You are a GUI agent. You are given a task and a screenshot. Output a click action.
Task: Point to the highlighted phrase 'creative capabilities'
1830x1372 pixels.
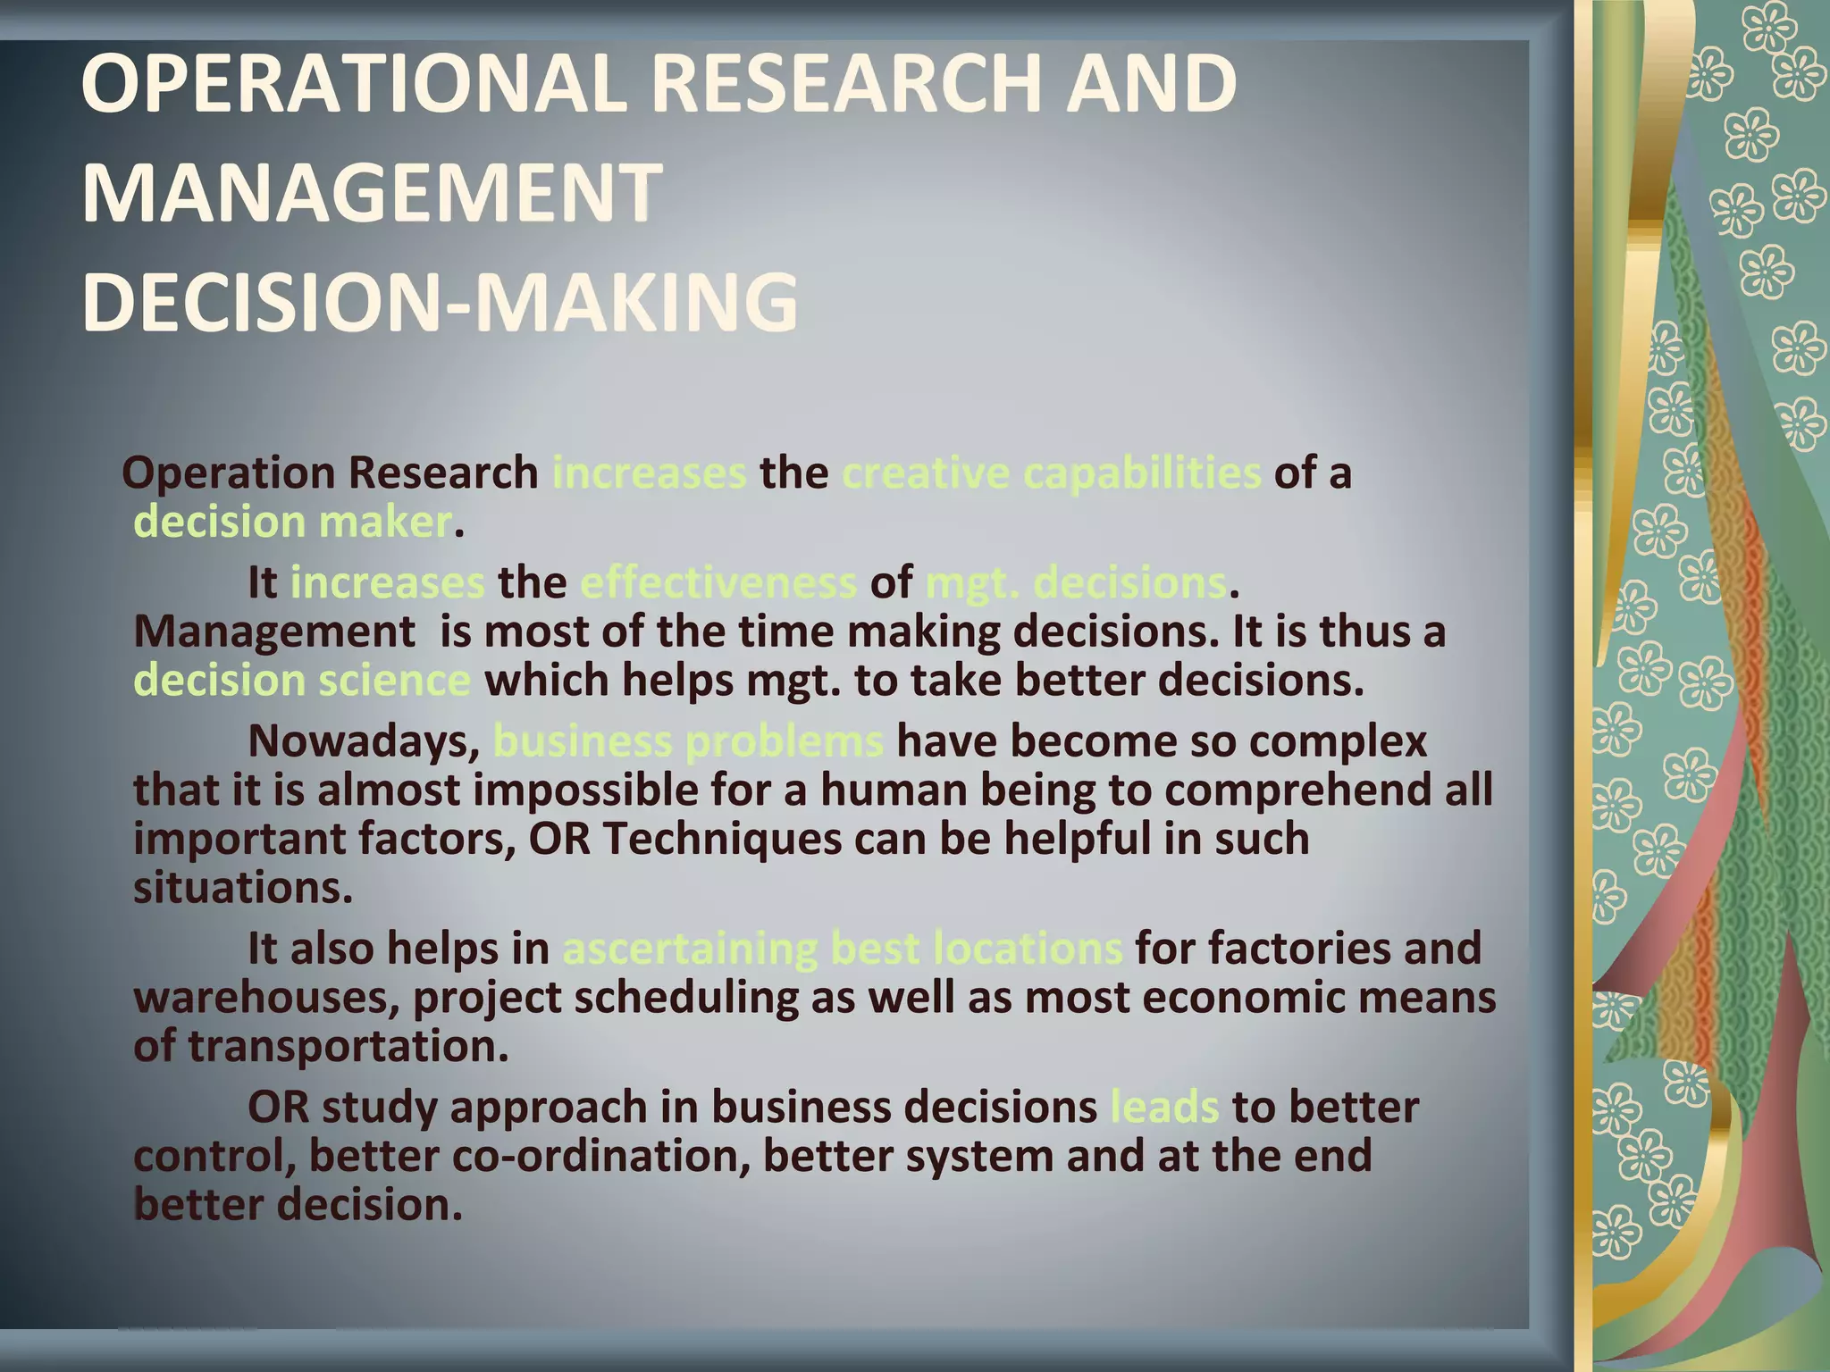[1051, 473]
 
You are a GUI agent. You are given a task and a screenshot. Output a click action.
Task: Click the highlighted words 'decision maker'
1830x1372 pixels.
[293, 522]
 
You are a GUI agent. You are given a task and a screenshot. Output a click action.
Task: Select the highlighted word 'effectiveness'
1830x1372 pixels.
[718, 582]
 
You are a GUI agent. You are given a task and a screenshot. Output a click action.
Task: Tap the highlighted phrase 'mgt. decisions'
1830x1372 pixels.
[1076, 582]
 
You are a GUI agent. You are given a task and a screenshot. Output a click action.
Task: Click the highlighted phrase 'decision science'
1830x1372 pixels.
[302, 680]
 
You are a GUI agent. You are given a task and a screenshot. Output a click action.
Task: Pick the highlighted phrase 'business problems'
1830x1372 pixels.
[688, 741]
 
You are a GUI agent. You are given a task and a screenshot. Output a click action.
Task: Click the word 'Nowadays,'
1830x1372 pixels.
[365, 741]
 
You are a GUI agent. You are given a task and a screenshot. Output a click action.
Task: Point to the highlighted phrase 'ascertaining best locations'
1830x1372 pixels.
[842, 948]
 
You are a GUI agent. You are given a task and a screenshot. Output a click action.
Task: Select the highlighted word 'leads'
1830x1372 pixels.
[1164, 1107]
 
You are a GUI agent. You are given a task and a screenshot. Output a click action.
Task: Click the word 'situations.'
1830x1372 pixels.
[243, 888]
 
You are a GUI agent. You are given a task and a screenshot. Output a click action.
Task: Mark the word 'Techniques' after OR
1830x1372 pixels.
[722, 839]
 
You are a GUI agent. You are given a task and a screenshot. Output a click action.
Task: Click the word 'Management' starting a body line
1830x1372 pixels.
[274, 632]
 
